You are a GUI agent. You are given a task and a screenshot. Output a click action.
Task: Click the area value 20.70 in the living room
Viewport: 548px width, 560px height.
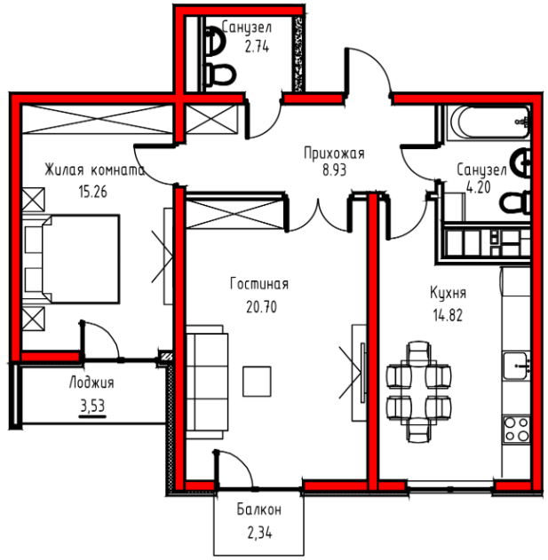pyautogui.click(x=261, y=307)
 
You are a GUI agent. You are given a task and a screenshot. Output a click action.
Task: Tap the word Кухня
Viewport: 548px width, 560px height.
pyautogui.click(x=448, y=293)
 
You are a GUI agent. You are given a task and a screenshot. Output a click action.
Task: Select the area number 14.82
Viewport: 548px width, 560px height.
pyautogui.click(x=448, y=315)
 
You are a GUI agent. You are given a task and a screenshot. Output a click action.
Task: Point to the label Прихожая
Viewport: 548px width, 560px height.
pyautogui.click(x=334, y=154)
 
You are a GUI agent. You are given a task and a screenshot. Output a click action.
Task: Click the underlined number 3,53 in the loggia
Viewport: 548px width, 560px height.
pyautogui.click(x=92, y=406)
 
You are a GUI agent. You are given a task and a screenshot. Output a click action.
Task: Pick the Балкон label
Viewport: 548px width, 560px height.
pyautogui.click(x=259, y=509)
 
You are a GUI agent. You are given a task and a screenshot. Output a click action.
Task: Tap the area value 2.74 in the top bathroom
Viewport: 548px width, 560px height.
pyautogui.click(x=257, y=47)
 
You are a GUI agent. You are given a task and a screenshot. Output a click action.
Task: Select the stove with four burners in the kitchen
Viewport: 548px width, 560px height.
pyautogui.click(x=517, y=430)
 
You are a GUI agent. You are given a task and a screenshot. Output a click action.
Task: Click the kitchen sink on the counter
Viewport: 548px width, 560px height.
pyautogui.click(x=516, y=366)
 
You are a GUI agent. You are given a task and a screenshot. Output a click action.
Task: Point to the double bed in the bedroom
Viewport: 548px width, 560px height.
pyautogui.click(x=71, y=259)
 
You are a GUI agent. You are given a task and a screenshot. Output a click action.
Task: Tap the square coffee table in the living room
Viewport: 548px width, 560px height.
pyautogui.click(x=257, y=382)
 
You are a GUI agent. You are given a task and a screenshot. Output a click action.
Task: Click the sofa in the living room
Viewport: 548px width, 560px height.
pyautogui.click(x=207, y=382)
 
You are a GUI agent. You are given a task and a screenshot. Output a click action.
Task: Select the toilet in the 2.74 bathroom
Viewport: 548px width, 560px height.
pyautogui.click(x=219, y=75)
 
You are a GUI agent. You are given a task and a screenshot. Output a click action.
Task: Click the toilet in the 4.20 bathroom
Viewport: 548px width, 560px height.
pyautogui.click(x=515, y=203)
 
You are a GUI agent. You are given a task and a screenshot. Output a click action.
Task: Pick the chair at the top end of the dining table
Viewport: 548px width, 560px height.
pyautogui.click(x=418, y=351)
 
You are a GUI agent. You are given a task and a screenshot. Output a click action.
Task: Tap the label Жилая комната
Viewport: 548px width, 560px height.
pyautogui.click(x=95, y=170)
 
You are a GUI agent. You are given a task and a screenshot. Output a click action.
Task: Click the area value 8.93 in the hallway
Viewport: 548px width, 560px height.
pyautogui.click(x=334, y=170)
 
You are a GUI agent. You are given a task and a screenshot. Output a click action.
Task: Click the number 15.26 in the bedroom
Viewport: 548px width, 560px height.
pyautogui.click(x=93, y=193)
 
